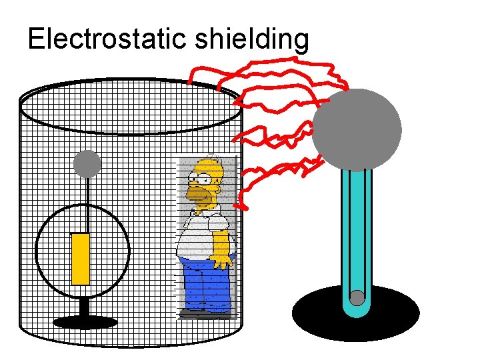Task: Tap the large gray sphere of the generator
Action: click(x=357, y=129)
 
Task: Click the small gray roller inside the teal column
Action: click(x=357, y=298)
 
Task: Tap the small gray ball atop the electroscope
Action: click(x=87, y=163)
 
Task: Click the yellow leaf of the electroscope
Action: click(x=80, y=259)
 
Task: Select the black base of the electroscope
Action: click(x=85, y=323)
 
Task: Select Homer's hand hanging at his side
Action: click(x=221, y=261)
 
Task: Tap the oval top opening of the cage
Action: click(x=130, y=107)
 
